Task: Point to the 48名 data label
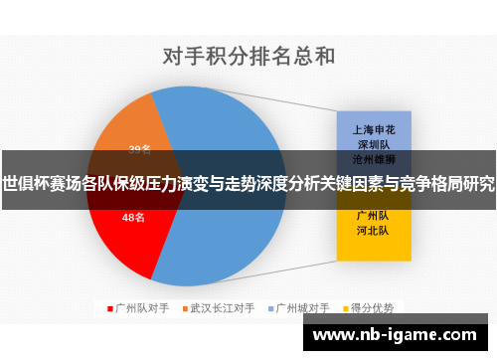pyautogui.click(x=134, y=217)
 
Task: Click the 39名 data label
pyautogui.click(x=139, y=150)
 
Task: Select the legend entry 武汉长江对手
pyautogui.click(x=224, y=308)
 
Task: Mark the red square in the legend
pyautogui.click(x=109, y=308)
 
